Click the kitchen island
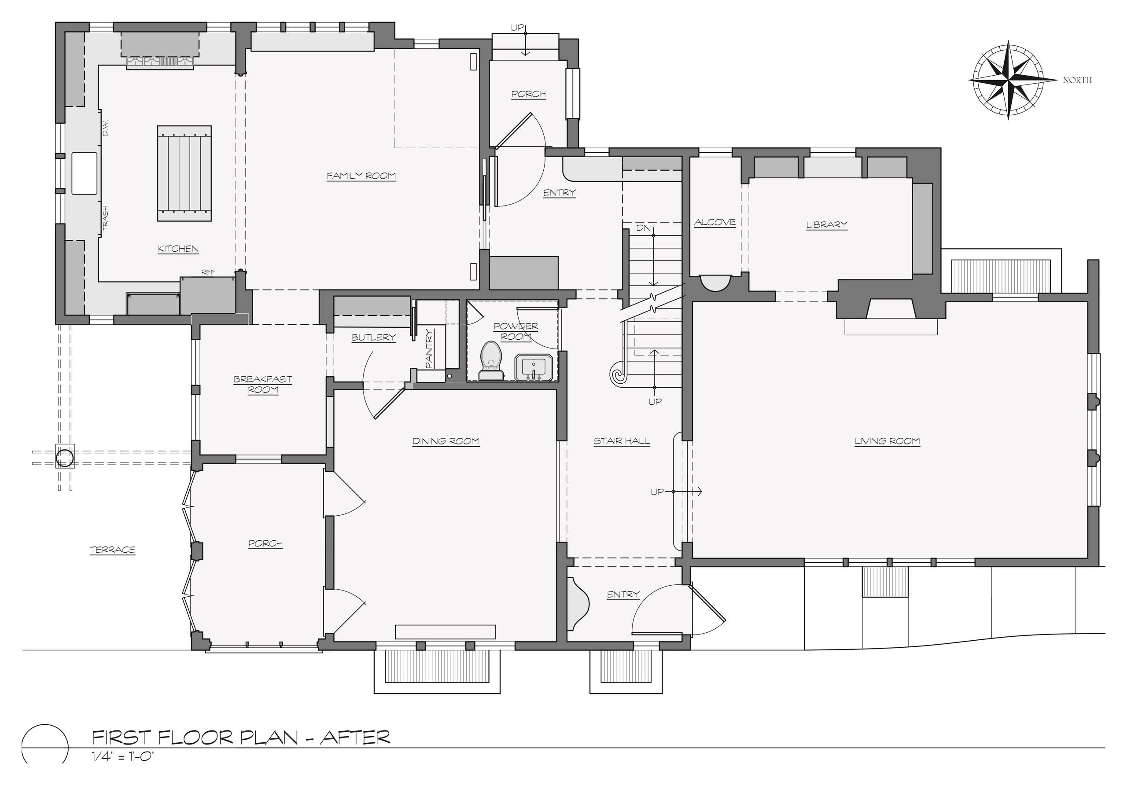pyautogui.click(x=184, y=174)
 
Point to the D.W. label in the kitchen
pyautogui.click(x=105, y=128)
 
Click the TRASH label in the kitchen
pyautogui.click(x=105, y=217)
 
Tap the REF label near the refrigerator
pyautogui.click(x=208, y=272)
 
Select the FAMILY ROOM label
pyautogui.click(x=361, y=176)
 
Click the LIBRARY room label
pyautogui.click(x=827, y=225)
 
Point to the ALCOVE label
pyautogui.click(x=715, y=222)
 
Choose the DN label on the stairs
pyautogui.click(x=643, y=228)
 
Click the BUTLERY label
pyautogui.click(x=374, y=337)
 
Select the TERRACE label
pyautogui.click(x=112, y=550)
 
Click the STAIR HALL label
pyautogui.click(x=622, y=441)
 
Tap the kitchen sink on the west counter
pyautogui.click(x=85, y=173)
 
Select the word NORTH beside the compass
pyautogui.click(x=1077, y=80)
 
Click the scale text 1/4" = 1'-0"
pyautogui.click(x=123, y=756)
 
